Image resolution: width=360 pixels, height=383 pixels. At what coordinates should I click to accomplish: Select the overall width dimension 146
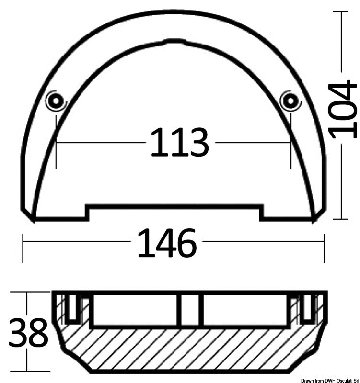167,243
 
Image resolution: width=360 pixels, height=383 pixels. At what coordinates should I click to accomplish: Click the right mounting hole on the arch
289,100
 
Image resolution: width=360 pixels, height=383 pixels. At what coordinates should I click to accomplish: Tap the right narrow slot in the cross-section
307,308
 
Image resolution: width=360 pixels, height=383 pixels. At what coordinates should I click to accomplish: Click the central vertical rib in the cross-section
189,310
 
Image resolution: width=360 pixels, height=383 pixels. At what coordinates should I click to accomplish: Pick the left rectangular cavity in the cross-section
136,310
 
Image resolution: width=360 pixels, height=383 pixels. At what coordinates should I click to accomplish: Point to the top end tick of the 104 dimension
341,12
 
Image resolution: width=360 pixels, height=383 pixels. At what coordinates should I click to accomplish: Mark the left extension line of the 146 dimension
23,248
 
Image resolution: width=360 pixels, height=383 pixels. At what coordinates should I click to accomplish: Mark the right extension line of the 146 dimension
325,248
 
